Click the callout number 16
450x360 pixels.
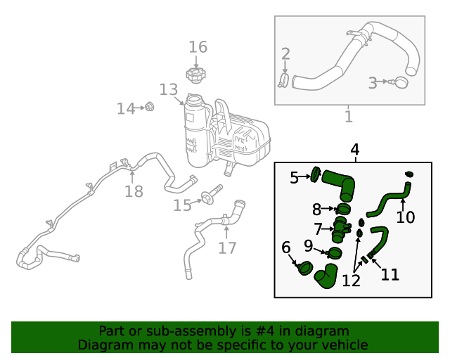(198, 47)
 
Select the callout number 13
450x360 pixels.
(169, 90)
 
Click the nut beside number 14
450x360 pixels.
(149, 107)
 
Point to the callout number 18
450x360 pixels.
(134, 191)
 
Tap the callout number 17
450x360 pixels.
(227, 247)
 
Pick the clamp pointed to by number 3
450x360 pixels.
(401, 83)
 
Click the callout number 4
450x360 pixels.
(355, 150)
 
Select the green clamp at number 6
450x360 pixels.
(306, 268)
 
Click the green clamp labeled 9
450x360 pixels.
(335, 252)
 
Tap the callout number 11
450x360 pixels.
(390, 274)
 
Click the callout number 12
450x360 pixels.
(351, 281)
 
